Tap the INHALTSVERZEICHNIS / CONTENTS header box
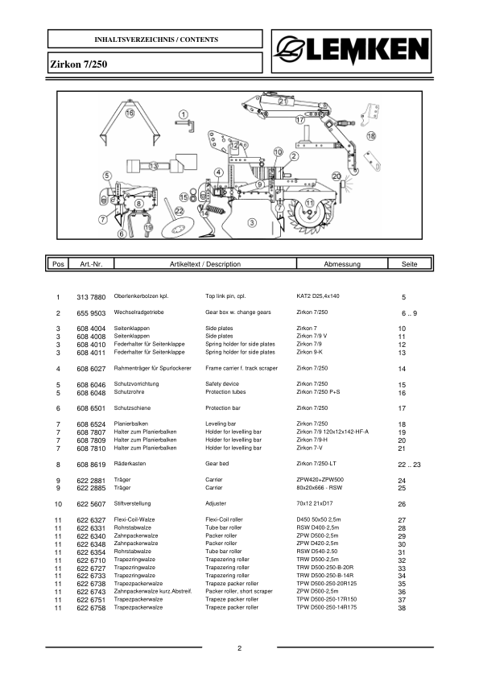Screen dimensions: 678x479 tap(156, 39)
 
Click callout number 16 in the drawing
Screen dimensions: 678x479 tap(130, 114)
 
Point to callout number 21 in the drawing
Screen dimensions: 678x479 tap(283, 102)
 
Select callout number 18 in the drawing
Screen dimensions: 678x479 tap(371, 137)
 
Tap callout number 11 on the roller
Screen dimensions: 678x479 tap(310, 202)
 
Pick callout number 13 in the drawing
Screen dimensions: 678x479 tap(152, 166)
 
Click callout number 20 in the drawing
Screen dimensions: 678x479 tap(337, 176)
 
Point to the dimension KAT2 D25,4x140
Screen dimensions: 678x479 tap(320, 297)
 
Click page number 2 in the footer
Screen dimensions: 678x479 tap(240, 649)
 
